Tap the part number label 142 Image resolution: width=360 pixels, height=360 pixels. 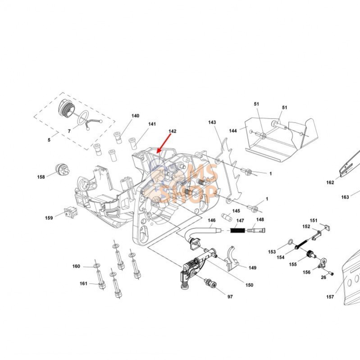172,131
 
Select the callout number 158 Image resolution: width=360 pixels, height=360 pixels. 41,177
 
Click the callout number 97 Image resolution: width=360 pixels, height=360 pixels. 230,297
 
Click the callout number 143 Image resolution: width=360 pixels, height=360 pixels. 212,122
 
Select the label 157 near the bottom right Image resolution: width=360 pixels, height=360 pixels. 331,297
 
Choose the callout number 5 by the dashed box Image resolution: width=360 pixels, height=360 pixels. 49,140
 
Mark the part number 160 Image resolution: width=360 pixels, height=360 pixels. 76,266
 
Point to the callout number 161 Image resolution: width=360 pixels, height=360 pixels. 83,283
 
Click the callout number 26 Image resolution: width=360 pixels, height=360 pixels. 324,277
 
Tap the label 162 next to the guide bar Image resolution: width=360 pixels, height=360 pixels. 330,182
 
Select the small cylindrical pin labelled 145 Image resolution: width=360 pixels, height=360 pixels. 224,218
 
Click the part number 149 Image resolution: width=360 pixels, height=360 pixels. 252,268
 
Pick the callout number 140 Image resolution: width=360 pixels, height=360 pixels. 135,116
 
